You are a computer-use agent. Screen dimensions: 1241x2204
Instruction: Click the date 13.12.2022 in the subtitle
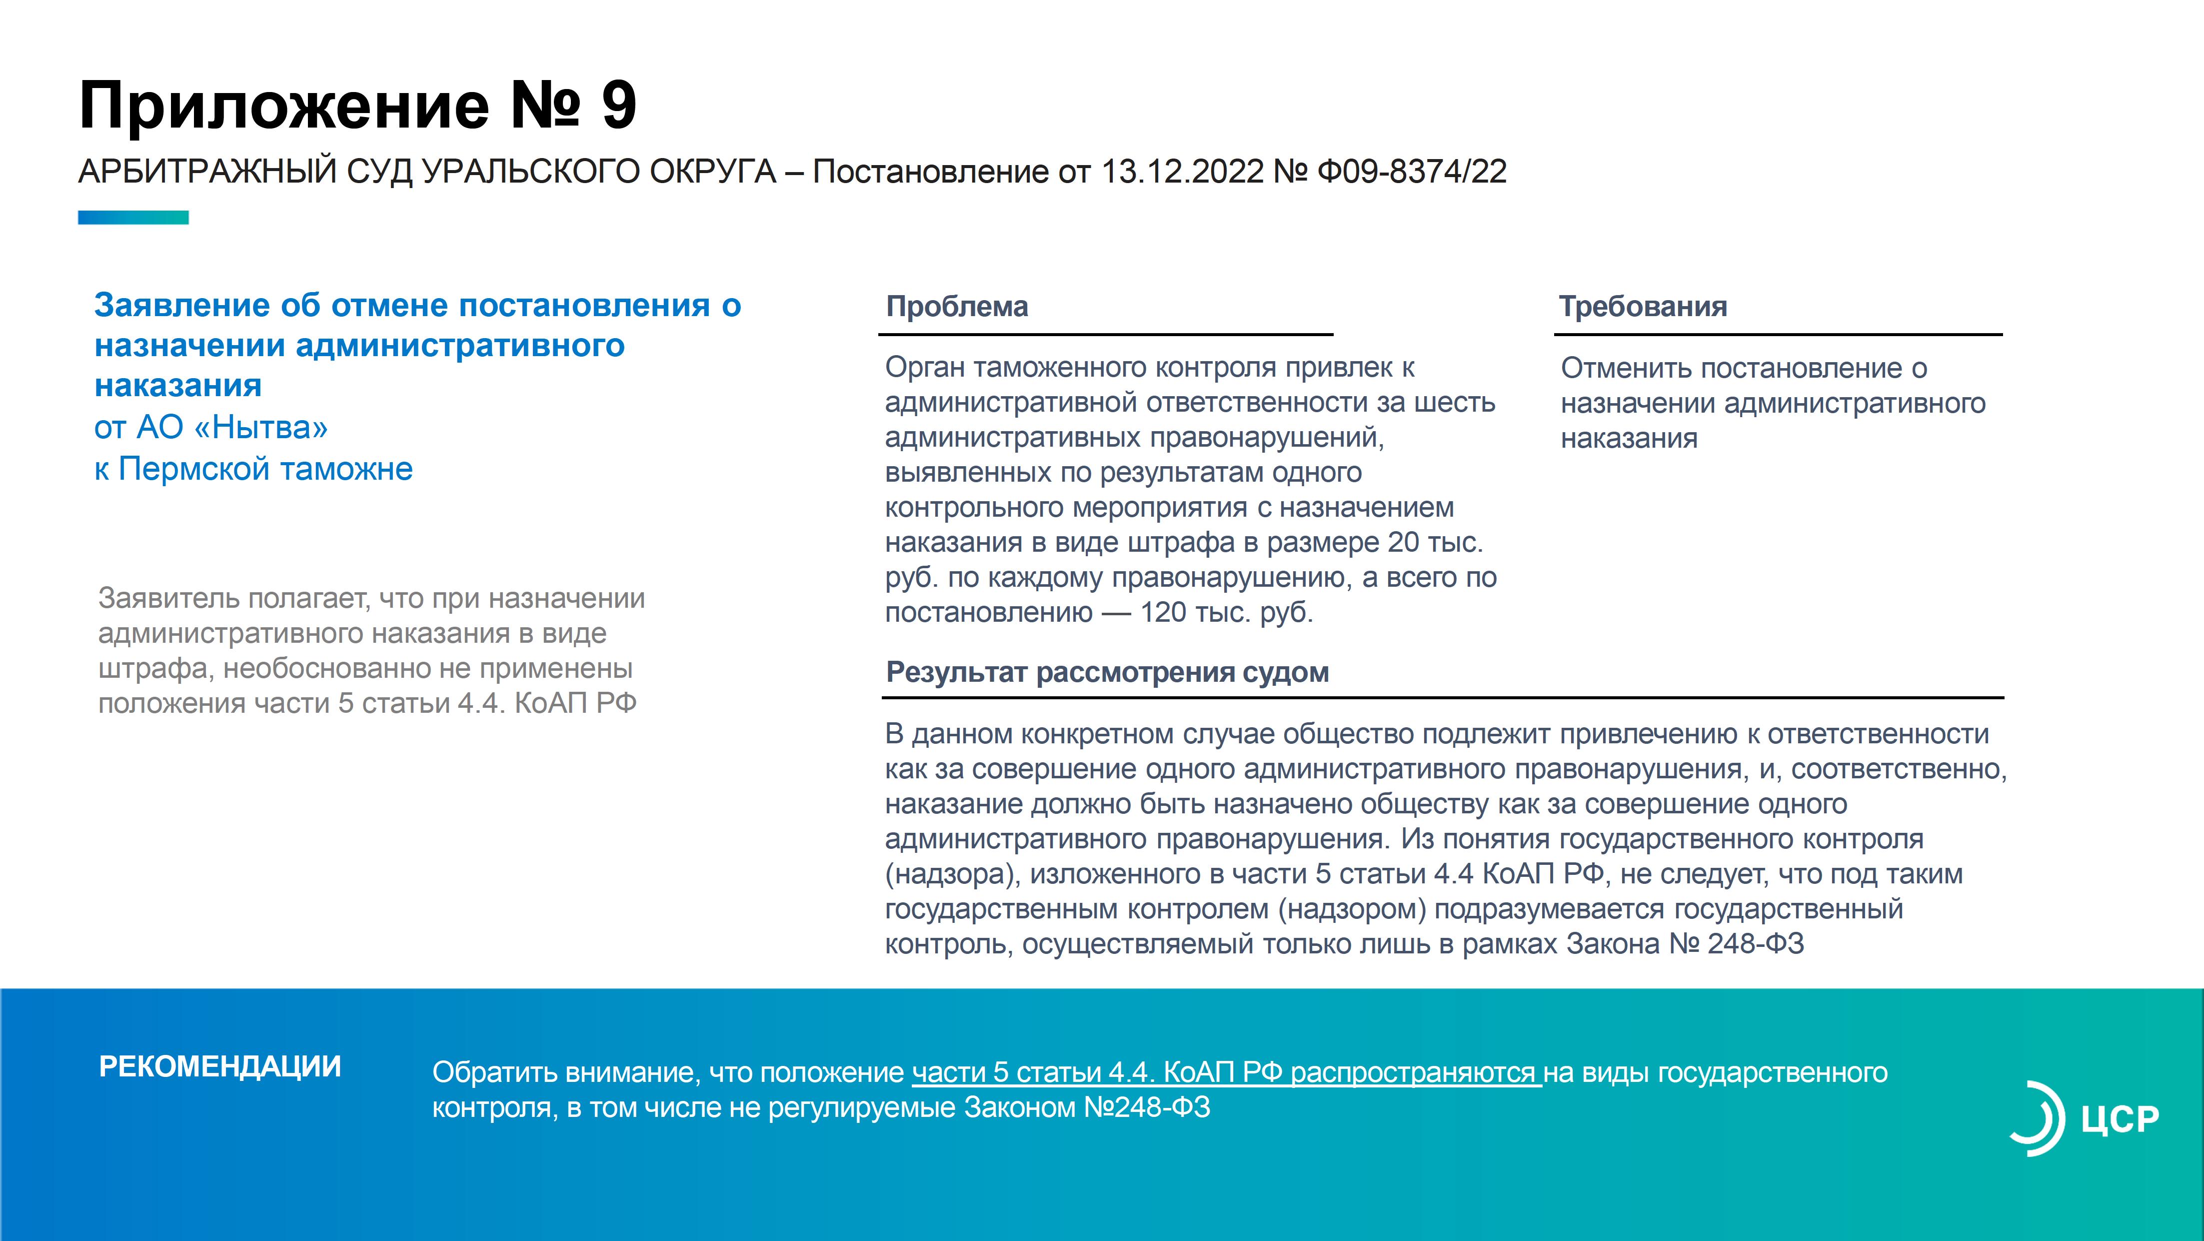pos(1182,171)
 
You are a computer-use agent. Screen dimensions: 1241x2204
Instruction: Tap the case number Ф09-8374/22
pos(1412,171)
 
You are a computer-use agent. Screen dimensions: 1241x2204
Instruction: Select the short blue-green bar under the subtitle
pos(133,218)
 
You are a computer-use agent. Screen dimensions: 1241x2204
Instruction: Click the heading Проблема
pos(957,307)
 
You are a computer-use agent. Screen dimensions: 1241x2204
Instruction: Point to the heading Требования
pos(1643,307)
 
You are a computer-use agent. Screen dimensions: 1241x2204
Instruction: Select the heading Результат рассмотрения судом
pos(1107,673)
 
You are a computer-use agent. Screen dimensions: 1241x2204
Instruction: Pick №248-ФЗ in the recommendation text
pos(1147,1107)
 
